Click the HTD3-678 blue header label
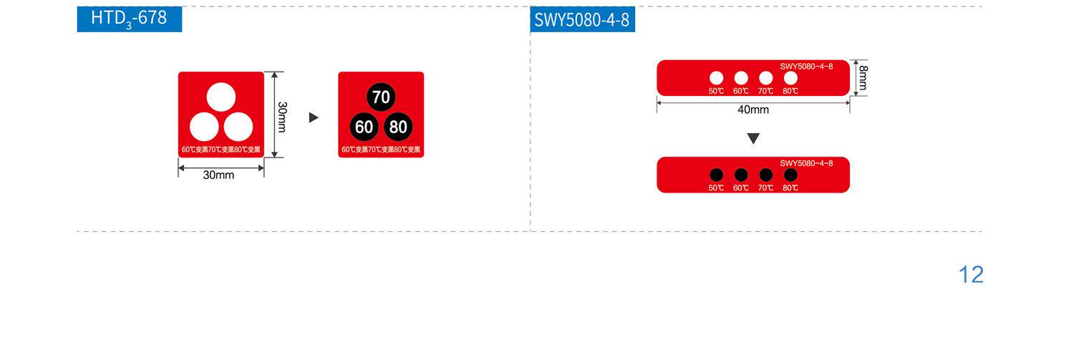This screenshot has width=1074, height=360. (130, 19)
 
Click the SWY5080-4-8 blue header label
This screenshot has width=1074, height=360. (582, 20)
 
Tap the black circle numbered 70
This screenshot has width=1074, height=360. (381, 97)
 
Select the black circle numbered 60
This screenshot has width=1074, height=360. (364, 127)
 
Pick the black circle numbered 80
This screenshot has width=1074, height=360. (398, 127)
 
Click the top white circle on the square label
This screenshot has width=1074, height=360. (221, 97)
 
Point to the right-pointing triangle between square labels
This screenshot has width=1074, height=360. (314, 117)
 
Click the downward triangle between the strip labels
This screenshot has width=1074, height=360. (753, 138)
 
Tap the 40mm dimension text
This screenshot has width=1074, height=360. (753, 110)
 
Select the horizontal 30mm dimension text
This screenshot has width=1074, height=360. (218, 175)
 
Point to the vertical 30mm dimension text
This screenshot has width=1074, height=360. (282, 116)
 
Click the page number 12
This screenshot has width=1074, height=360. (971, 275)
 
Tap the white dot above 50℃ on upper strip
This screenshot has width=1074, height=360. (716, 77)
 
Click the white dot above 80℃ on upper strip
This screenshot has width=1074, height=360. (790, 77)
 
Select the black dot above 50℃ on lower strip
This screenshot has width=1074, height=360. (716, 175)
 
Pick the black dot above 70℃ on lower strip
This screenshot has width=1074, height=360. (766, 175)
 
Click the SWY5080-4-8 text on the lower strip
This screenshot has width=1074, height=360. (806, 163)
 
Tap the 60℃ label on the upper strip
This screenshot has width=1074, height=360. (741, 91)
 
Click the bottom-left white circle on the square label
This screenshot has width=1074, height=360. (204, 127)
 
